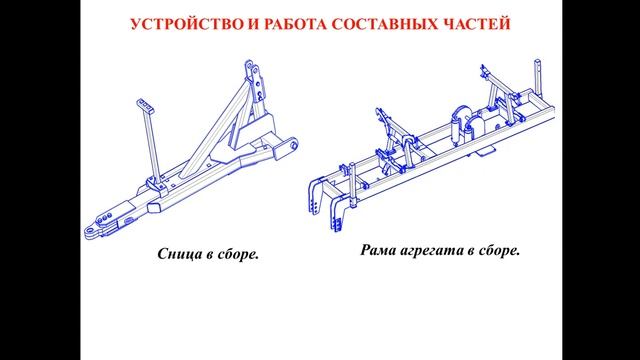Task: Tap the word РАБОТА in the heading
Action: pos(295,24)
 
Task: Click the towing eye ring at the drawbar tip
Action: pos(91,232)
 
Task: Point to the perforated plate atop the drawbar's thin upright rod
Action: pos(145,105)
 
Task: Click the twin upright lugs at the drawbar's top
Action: pos(254,81)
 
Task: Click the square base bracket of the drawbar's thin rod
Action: pos(157,187)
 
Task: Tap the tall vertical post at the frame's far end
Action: pos(538,78)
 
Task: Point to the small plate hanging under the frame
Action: pos(486,151)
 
